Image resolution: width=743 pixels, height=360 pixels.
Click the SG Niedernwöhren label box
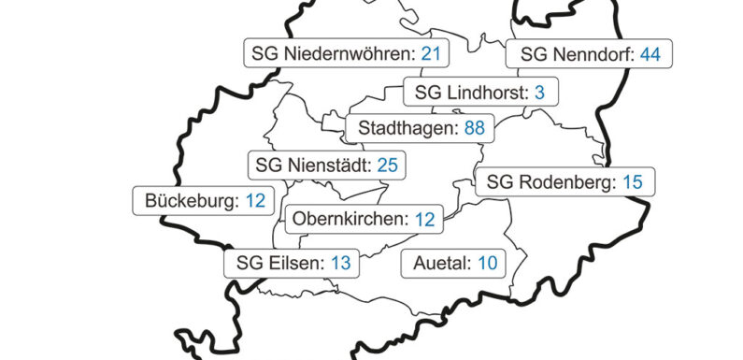[x=346, y=53]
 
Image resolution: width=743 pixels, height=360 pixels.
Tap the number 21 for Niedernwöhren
[x=430, y=53]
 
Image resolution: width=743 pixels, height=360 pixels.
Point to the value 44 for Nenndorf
[x=650, y=54]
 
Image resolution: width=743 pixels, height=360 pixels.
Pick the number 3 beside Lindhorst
[x=539, y=93]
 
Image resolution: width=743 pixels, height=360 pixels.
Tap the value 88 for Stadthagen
[x=475, y=127]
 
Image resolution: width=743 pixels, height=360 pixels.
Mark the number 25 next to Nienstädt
[x=388, y=166]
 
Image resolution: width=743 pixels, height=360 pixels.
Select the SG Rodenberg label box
[x=564, y=181]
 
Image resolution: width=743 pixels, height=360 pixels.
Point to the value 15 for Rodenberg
[x=632, y=181]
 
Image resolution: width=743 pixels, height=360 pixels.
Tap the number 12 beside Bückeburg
[x=255, y=200]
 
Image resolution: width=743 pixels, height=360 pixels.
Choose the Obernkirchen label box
[x=364, y=220]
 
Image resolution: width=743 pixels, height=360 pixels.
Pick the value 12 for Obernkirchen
[x=425, y=220]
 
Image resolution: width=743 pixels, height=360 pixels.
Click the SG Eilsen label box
[x=292, y=263]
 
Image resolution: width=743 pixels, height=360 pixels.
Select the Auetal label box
[x=453, y=264]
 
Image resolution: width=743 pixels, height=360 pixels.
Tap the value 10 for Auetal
[x=487, y=264]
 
